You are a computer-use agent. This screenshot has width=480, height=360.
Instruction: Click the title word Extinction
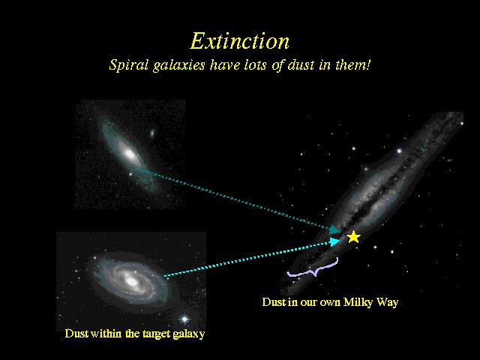240,41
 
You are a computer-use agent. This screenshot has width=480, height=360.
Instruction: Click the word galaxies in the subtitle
178,65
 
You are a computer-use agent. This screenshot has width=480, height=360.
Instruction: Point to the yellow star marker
353,237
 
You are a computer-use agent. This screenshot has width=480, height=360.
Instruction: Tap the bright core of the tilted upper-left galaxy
130,154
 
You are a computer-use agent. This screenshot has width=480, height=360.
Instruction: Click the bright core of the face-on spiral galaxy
132,280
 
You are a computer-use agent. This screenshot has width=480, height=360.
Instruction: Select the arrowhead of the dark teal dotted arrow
334,229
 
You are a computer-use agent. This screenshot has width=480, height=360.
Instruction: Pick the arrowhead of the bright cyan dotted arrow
335,241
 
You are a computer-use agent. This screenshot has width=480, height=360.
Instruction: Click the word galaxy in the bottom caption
189,334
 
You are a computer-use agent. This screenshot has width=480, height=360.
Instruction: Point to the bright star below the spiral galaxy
184,319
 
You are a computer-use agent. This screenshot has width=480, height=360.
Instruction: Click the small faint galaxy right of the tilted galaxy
151,133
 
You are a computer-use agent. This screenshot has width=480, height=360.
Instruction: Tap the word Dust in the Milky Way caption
274,302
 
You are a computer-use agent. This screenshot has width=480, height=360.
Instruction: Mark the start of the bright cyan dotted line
164,276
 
